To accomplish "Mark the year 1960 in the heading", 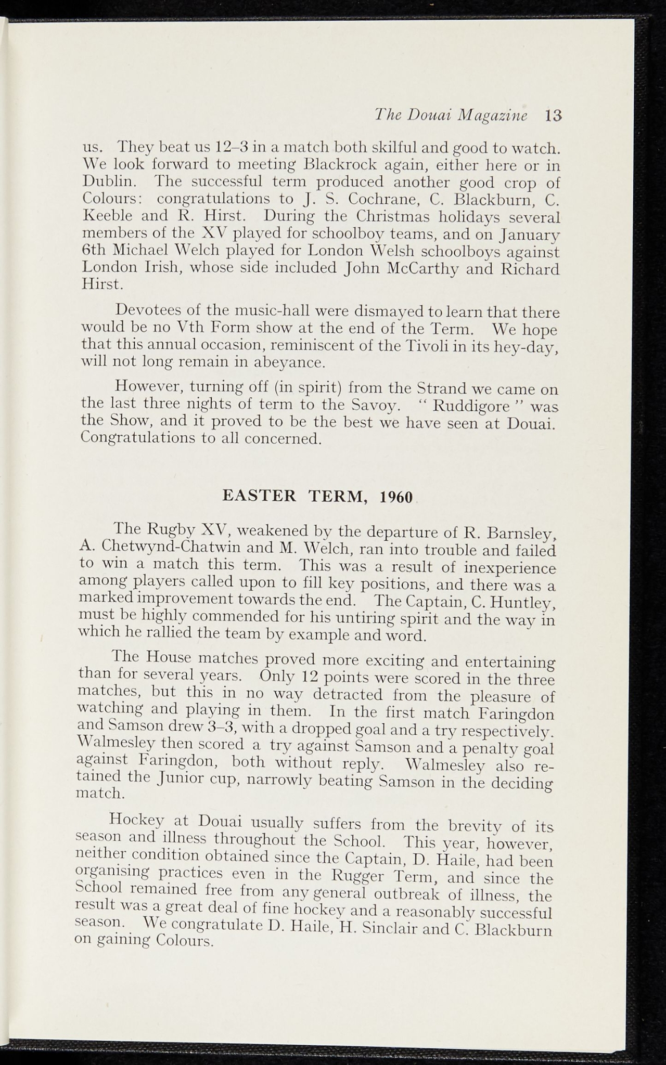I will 396,497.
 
